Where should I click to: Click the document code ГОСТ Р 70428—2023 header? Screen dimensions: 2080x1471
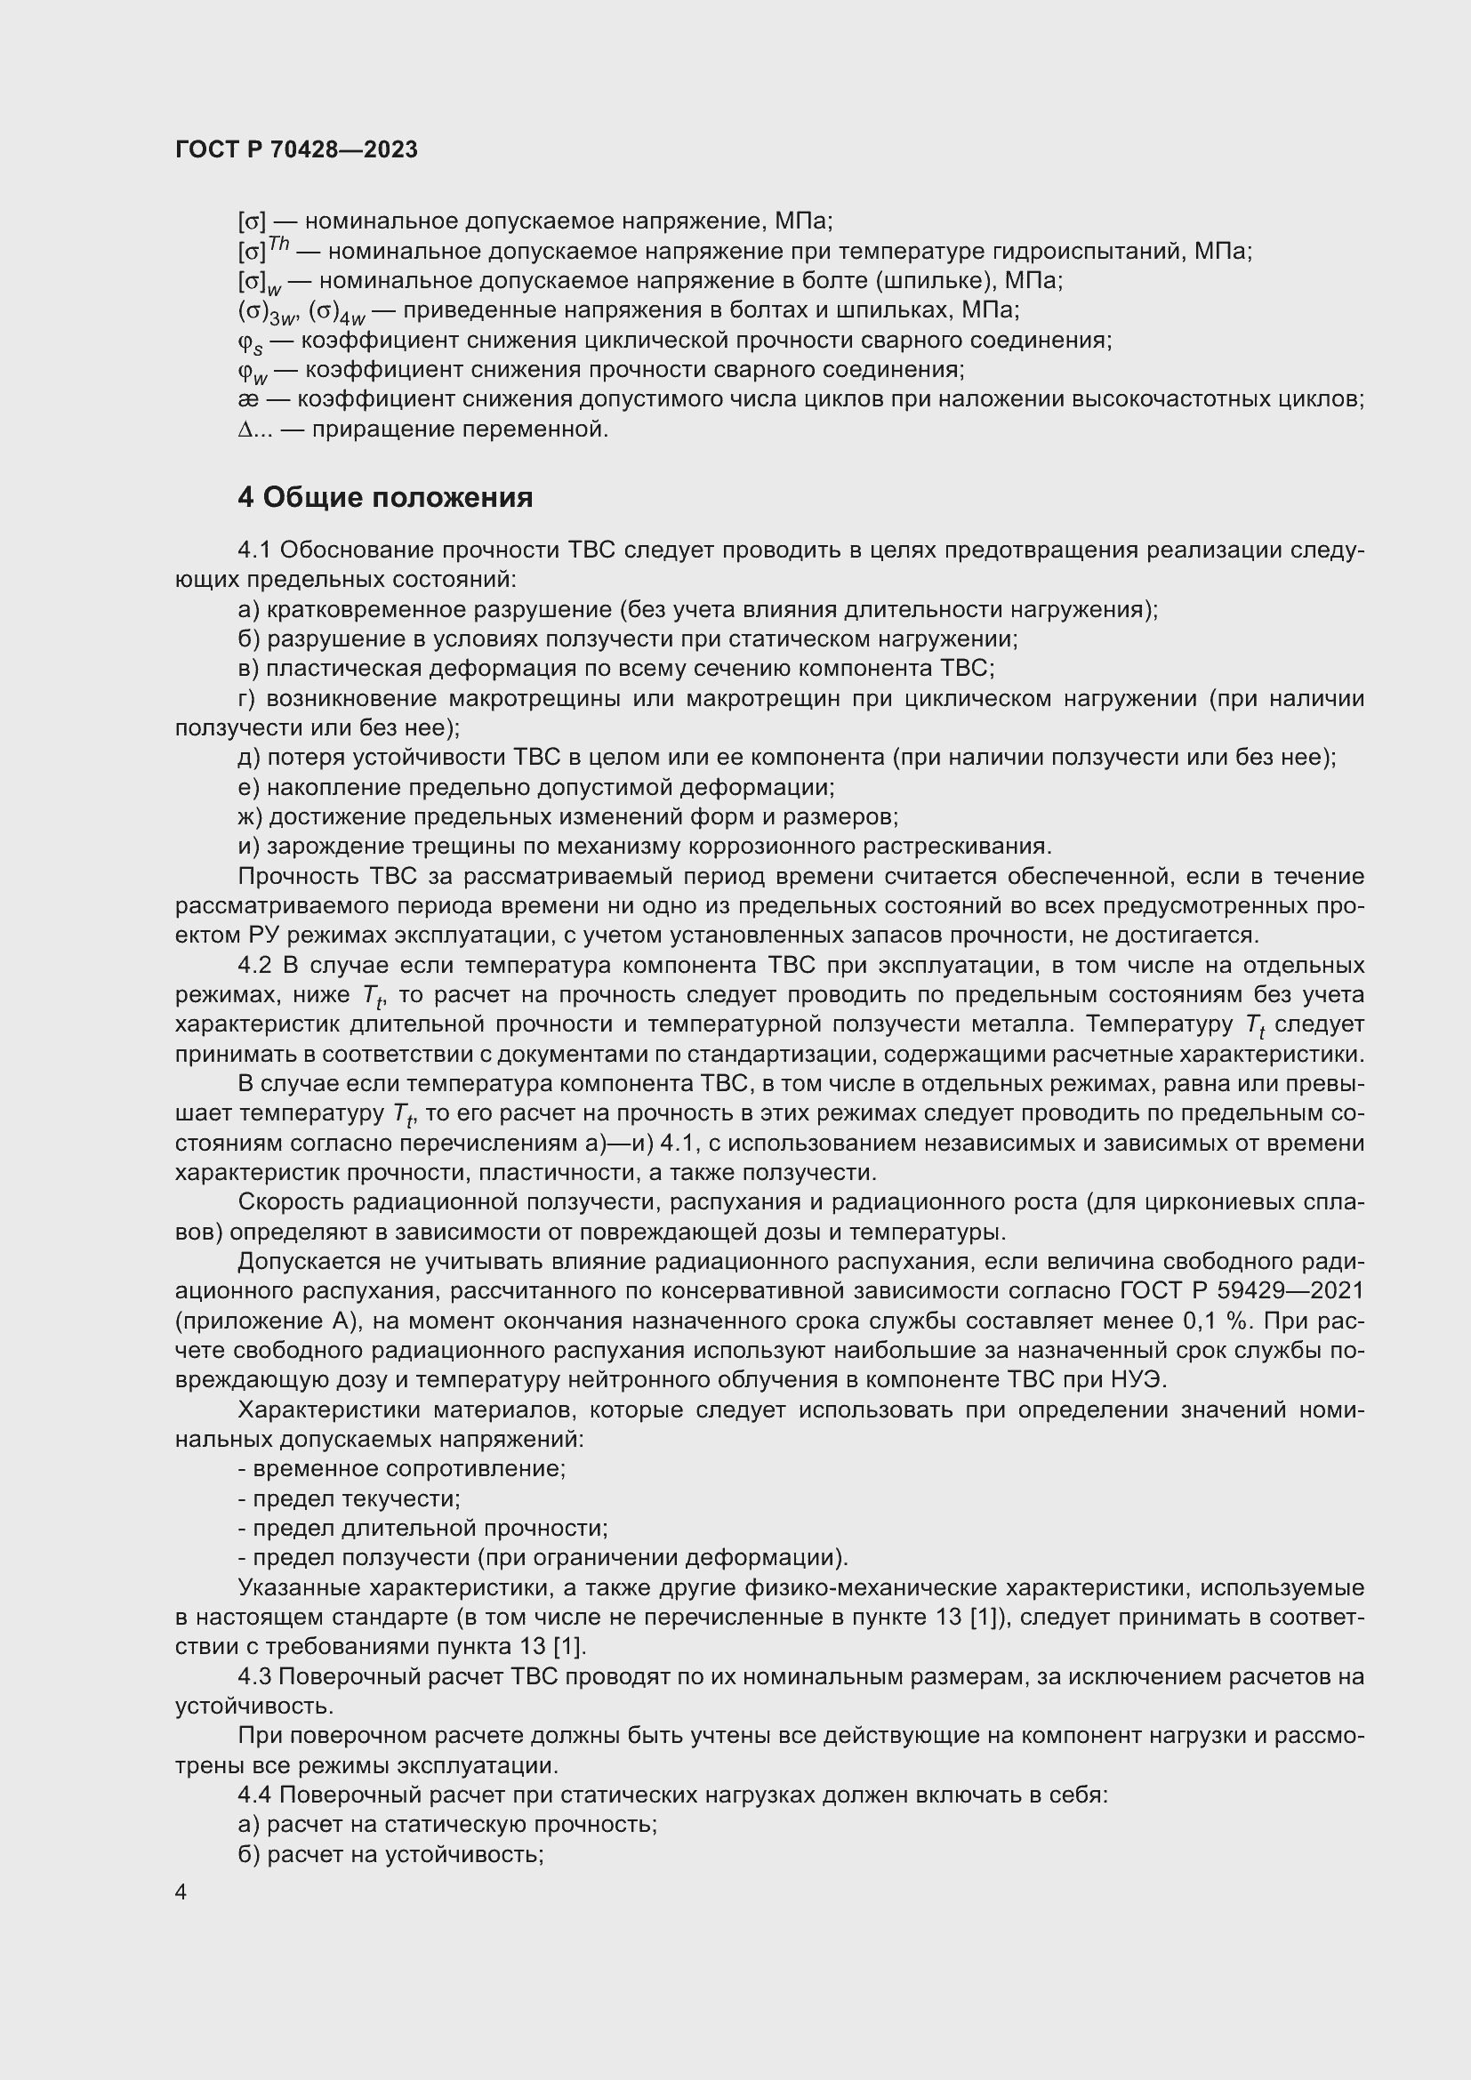pyautogui.click(x=296, y=149)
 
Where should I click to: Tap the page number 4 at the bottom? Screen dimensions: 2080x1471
pyautogui.click(x=181, y=1892)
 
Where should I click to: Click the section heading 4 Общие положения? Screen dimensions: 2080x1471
pyautogui.click(x=385, y=497)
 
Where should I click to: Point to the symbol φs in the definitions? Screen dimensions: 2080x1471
pyautogui.click(x=249, y=342)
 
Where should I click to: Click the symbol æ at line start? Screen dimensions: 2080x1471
pyautogui.click(x=247, y=399)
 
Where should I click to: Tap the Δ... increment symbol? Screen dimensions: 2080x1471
pyautogui.click(x=254, y=430)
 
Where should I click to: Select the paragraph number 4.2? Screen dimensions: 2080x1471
pyautogui.click(x=255, y=966)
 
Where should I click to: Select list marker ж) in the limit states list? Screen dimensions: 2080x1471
pyautogui.click(x=249, y=817)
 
